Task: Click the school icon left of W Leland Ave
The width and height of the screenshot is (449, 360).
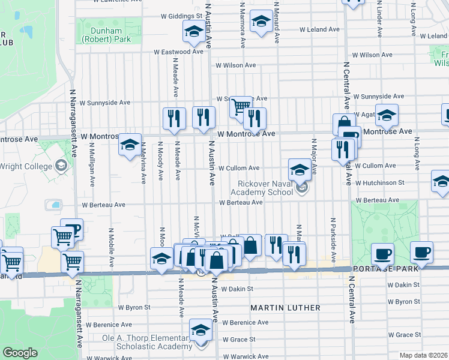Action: coord(261,23)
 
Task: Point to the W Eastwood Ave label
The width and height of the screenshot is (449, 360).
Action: coord(178,52)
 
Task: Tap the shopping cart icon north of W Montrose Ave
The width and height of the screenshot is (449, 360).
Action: coord(241,107)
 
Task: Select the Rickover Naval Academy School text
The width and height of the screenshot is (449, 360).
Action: coord(265,188)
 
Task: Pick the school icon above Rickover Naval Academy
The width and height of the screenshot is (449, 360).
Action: coord(300,169)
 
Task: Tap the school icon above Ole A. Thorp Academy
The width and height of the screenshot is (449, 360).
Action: coord(200,329)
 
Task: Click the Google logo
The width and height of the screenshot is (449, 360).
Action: coord(20,353)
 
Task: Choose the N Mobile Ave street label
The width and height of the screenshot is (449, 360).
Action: coord(111,247)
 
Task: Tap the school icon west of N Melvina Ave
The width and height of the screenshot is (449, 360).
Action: coord(130,145)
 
